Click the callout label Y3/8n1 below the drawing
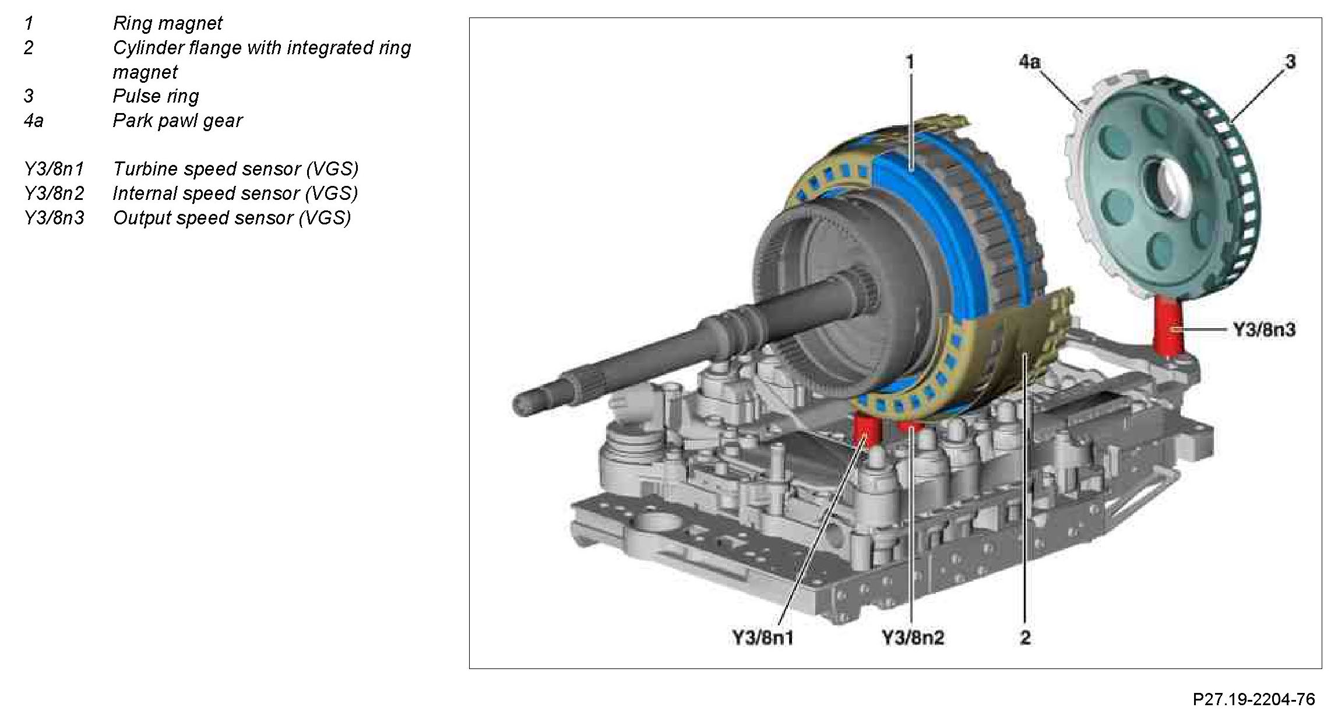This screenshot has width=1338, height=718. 763,638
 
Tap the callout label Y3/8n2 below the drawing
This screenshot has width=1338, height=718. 913,638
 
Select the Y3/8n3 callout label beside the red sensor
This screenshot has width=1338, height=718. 1264,330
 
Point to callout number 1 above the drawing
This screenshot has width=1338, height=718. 910,62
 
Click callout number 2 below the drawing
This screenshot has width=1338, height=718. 1025,638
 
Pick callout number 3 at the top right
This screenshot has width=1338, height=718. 1290,62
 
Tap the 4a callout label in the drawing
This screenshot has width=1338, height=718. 1030,62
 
